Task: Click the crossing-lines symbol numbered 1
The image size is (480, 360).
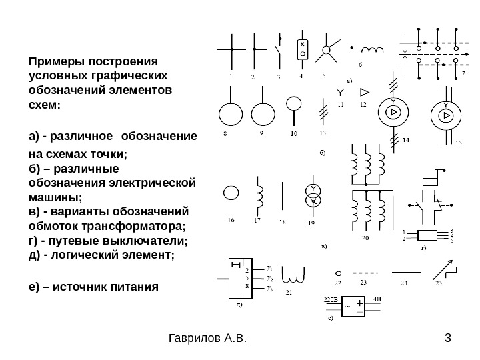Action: point(231,49)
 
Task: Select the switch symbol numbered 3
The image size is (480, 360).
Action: point(277,51)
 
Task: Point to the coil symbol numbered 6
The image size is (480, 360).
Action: point(373,51)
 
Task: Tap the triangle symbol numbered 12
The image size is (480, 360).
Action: point(365,91)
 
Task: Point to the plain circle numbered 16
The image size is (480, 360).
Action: point(231,193)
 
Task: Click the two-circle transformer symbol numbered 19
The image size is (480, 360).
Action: point(311,195)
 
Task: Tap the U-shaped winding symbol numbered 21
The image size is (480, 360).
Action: point(293,275)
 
